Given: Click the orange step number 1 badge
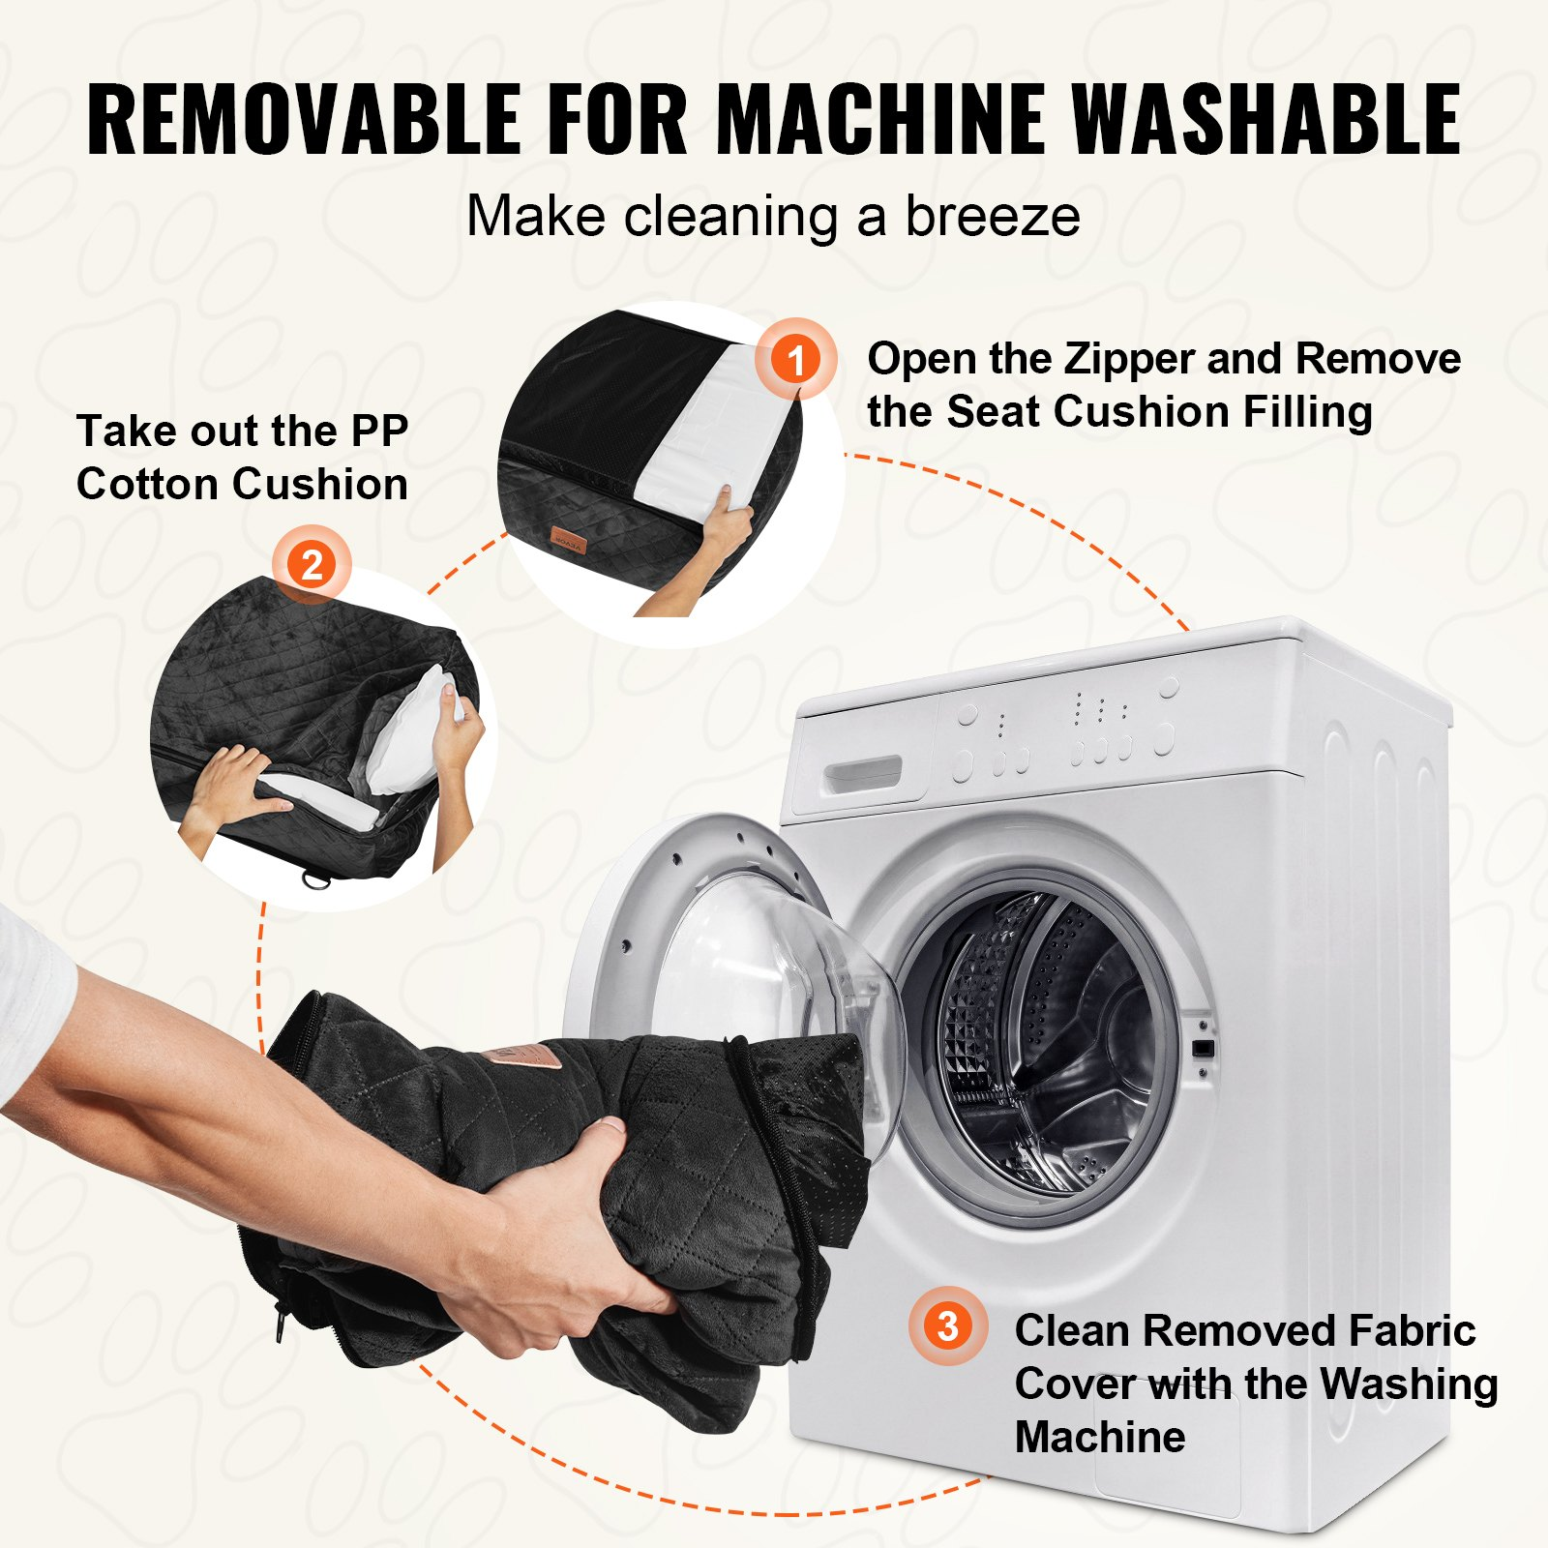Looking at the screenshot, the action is coord(795,359).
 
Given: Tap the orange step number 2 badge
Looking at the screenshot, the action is coord(312,564).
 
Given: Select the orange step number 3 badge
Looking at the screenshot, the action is coord(948,1325).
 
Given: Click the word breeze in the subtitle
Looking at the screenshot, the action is coord(993,216).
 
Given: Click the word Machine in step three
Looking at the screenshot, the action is coord(1100,1437).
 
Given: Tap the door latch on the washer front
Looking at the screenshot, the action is coord(1203,1048).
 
